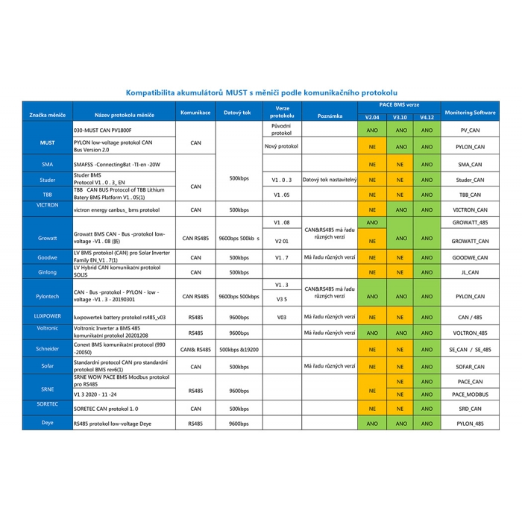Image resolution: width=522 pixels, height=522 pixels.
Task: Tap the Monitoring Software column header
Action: tap(470, 113)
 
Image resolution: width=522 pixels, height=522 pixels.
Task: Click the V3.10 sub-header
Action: tap(401, 117)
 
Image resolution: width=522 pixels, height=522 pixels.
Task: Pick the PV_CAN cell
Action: tap(470, 130)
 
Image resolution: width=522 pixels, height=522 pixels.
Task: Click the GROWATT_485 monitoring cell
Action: tap(470, 223)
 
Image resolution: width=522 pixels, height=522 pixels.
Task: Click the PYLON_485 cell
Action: tap(470, 423)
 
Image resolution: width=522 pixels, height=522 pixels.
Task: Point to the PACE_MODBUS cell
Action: tap(470, 394)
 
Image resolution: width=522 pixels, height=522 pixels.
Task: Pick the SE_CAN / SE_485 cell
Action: tap(470, 348)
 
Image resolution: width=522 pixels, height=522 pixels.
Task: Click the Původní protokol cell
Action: tap(281, 130)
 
